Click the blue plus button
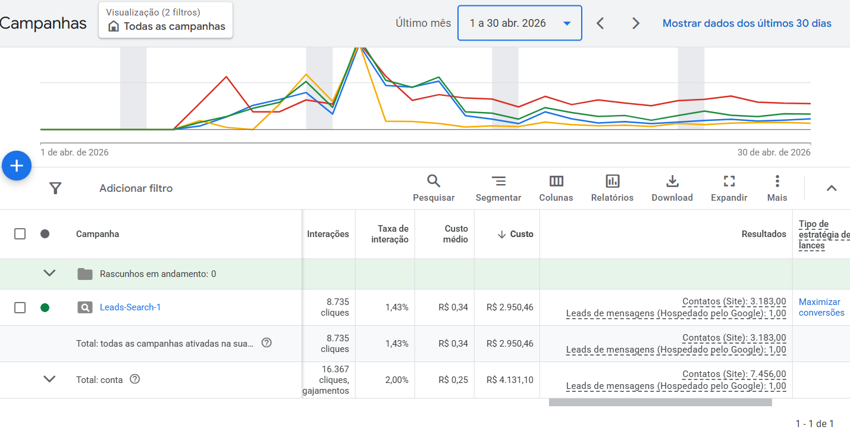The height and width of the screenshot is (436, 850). (17, 166)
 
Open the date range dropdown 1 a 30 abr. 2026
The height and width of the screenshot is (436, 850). (519, 23)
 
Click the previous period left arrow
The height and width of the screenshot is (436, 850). (600, 23)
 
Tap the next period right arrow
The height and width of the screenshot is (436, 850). (636, 23)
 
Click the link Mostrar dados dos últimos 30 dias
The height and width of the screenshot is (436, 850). (747, 23)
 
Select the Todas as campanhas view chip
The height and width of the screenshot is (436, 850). (165, 20)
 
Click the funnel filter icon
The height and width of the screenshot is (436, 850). (55, 188)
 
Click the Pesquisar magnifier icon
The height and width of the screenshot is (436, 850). (434, 181)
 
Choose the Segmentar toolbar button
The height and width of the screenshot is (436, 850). (498, 188)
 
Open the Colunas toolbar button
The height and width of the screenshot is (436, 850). (556, 188)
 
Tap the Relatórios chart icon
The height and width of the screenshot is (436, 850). (613, 181)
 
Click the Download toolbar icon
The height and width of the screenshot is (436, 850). (672, 181)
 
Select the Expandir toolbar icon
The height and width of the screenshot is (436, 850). (729, 181)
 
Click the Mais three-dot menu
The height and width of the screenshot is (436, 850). (777, 181)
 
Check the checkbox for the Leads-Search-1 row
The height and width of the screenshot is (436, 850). (20, 307)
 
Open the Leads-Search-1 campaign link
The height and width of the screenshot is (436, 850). (130, 307)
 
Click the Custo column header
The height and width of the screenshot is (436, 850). (522, 233)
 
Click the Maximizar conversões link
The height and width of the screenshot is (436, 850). (821, 307)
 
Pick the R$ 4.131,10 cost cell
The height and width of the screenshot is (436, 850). (510, 380)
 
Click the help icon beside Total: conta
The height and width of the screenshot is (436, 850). (134, 379)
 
